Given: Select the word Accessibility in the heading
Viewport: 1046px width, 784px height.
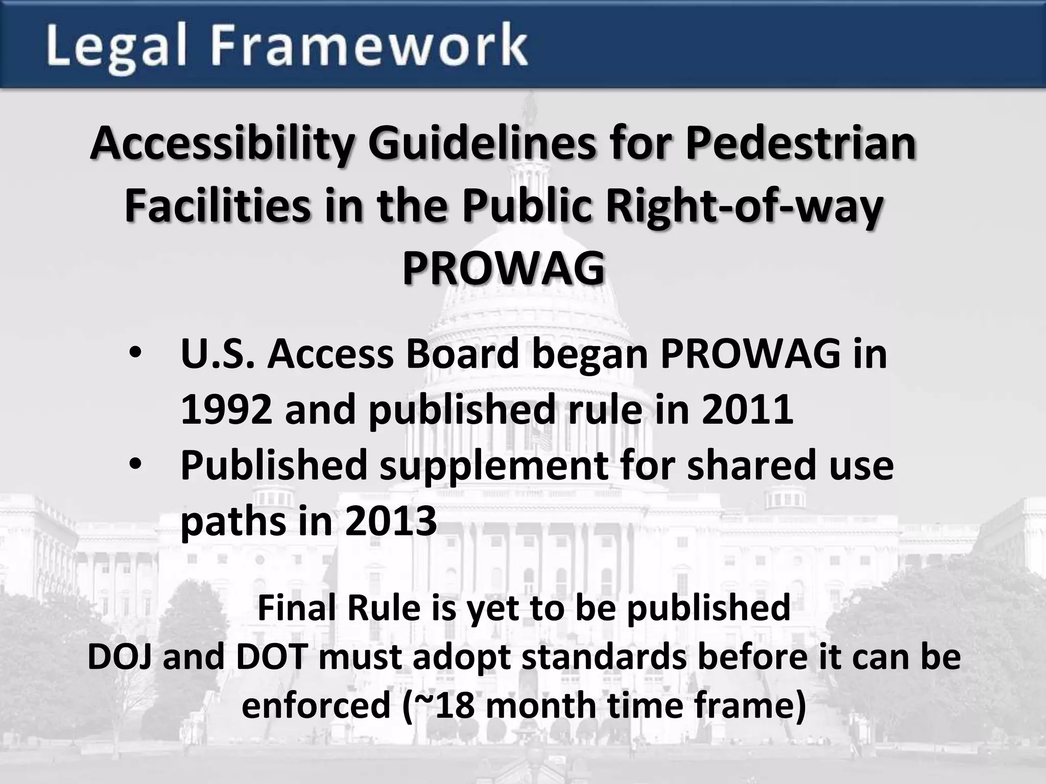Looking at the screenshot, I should [x=222, y=145].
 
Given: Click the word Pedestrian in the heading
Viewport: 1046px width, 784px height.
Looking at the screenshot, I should [x=800, y=144].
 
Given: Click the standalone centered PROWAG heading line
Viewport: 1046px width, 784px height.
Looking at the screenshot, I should [x=504, y=269].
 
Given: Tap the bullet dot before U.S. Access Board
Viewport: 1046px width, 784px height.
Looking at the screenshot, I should [x=136, y=354].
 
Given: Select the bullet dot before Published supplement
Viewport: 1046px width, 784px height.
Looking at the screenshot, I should [x=136, y=465].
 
